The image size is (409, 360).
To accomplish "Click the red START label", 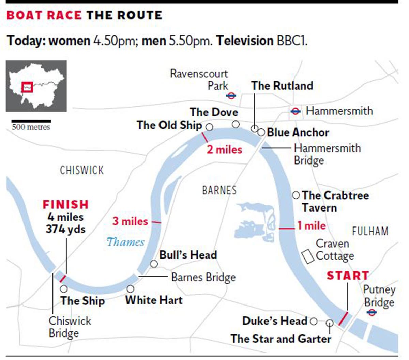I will [x=348, y=275].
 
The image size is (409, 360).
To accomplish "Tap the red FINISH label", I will [x=65, y=204].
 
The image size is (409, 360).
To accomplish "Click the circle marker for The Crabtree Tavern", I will [x=296, y=195].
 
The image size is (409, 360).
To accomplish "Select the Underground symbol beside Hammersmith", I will [x=296, y=111].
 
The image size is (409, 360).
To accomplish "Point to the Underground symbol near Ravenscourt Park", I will [x=231, y=96].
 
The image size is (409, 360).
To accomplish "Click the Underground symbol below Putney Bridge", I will [x=372, y=312].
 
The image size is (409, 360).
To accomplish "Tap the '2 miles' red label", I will [x=225, y=150].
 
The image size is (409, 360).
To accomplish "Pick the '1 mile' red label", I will [x=312, y=225].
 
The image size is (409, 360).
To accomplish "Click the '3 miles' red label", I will [x=130, y=221].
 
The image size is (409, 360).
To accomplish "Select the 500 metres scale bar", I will [x=31, y=121].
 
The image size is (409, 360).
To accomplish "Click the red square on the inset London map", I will [x=27, y=87].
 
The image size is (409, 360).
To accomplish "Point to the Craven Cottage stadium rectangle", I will [x=308, y=256].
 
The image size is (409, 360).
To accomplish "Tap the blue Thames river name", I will [x=125, y=242].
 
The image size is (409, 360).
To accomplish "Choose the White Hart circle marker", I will [x=130, y=289].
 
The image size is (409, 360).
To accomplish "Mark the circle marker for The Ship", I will [x=64, y=289].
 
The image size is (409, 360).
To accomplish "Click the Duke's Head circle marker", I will [x=314, y=321].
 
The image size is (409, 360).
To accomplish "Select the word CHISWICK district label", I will [x=82, y=170].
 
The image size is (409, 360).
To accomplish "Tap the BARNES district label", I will [x=219, y=190].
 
